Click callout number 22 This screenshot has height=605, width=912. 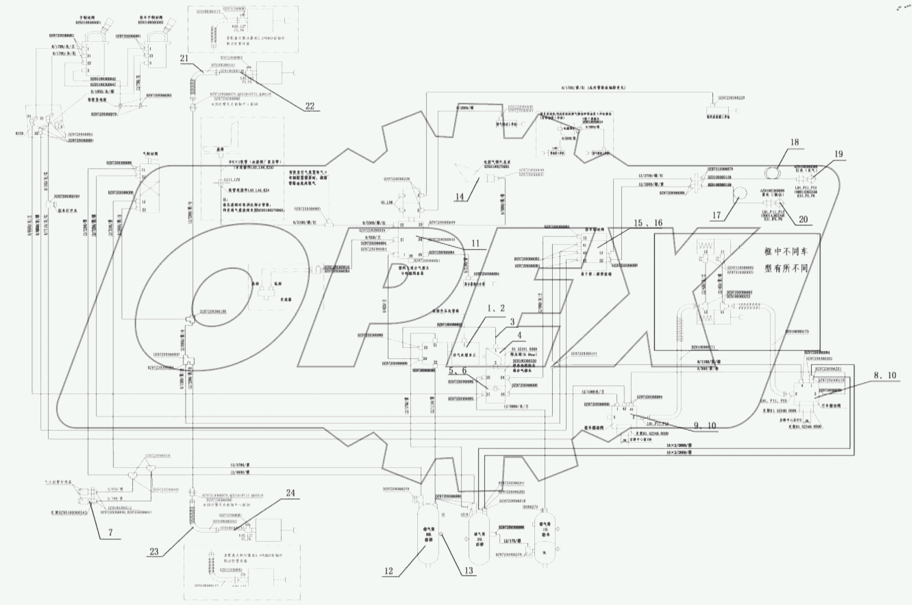pyautogui.click(x=309, y=106)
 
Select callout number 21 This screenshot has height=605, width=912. pyautogui.click(x=184, y=59)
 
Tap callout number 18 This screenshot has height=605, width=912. pyautogui.click(x=794, y=142)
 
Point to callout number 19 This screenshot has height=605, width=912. pyautogui.click(x=838, y=154)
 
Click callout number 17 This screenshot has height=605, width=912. pyautogui.click(x=716, y=215)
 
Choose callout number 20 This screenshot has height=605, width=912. pyautogui.click(x=803, y=219)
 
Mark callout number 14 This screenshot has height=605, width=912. pyautogui.click(x=460, y=196)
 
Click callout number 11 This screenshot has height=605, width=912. pyautogui.click(x=475, y=243)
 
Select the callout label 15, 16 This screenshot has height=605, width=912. pyautogui.click(x=647, y=223)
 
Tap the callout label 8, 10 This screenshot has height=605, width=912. pyautogui.click(x=885, y=376)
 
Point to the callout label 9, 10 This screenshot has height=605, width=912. pyautogui.click(x=705, y=425)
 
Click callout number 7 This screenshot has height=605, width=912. pyautogui.click(x=110, y=532)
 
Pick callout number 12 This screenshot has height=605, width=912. pyautogui.click(x=388, y=571)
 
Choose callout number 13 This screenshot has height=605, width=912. pyautogui.click(x=468, y=571)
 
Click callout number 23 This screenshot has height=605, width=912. pyautogui.click(x=154, y=552)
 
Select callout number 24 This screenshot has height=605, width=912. pyautogui.click(x=290, y=493)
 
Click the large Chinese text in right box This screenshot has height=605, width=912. pyautogui.click(x=786, y=260)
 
